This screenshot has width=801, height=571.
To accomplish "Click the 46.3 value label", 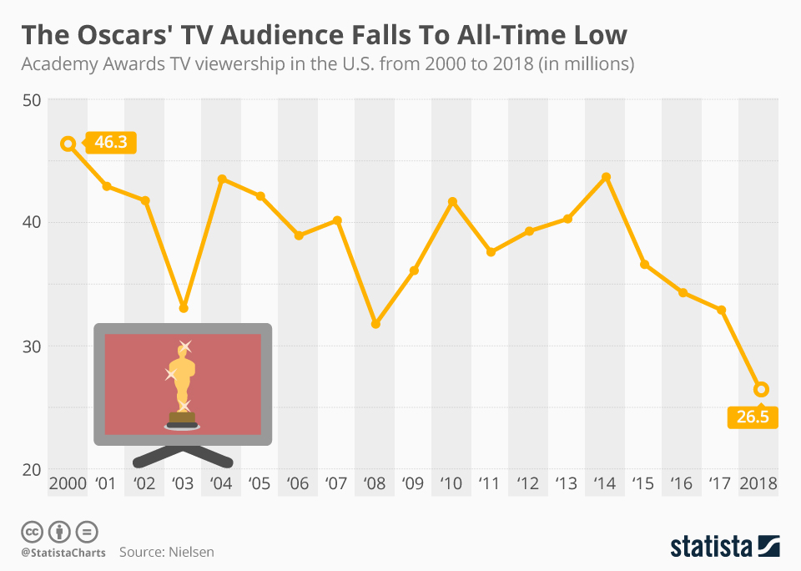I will [111, 143].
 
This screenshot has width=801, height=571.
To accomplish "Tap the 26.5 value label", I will [753, 417].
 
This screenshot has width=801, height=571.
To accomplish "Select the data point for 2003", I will [184, 308].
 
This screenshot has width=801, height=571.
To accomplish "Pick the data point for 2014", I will [607, 177].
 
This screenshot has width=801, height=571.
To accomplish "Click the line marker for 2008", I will [375, 323].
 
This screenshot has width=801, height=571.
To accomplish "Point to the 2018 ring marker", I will [761, 389].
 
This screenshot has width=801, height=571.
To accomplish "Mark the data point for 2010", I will [453, 202].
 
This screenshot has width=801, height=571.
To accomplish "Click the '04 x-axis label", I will [221, 483].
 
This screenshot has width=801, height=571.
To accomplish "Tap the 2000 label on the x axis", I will [68, 483].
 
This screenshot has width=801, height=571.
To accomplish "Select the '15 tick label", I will [643, 483].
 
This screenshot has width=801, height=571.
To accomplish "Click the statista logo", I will [724, 547].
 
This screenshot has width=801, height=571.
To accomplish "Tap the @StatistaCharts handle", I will [63, 552].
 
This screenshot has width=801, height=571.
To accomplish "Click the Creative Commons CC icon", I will [33, 531].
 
